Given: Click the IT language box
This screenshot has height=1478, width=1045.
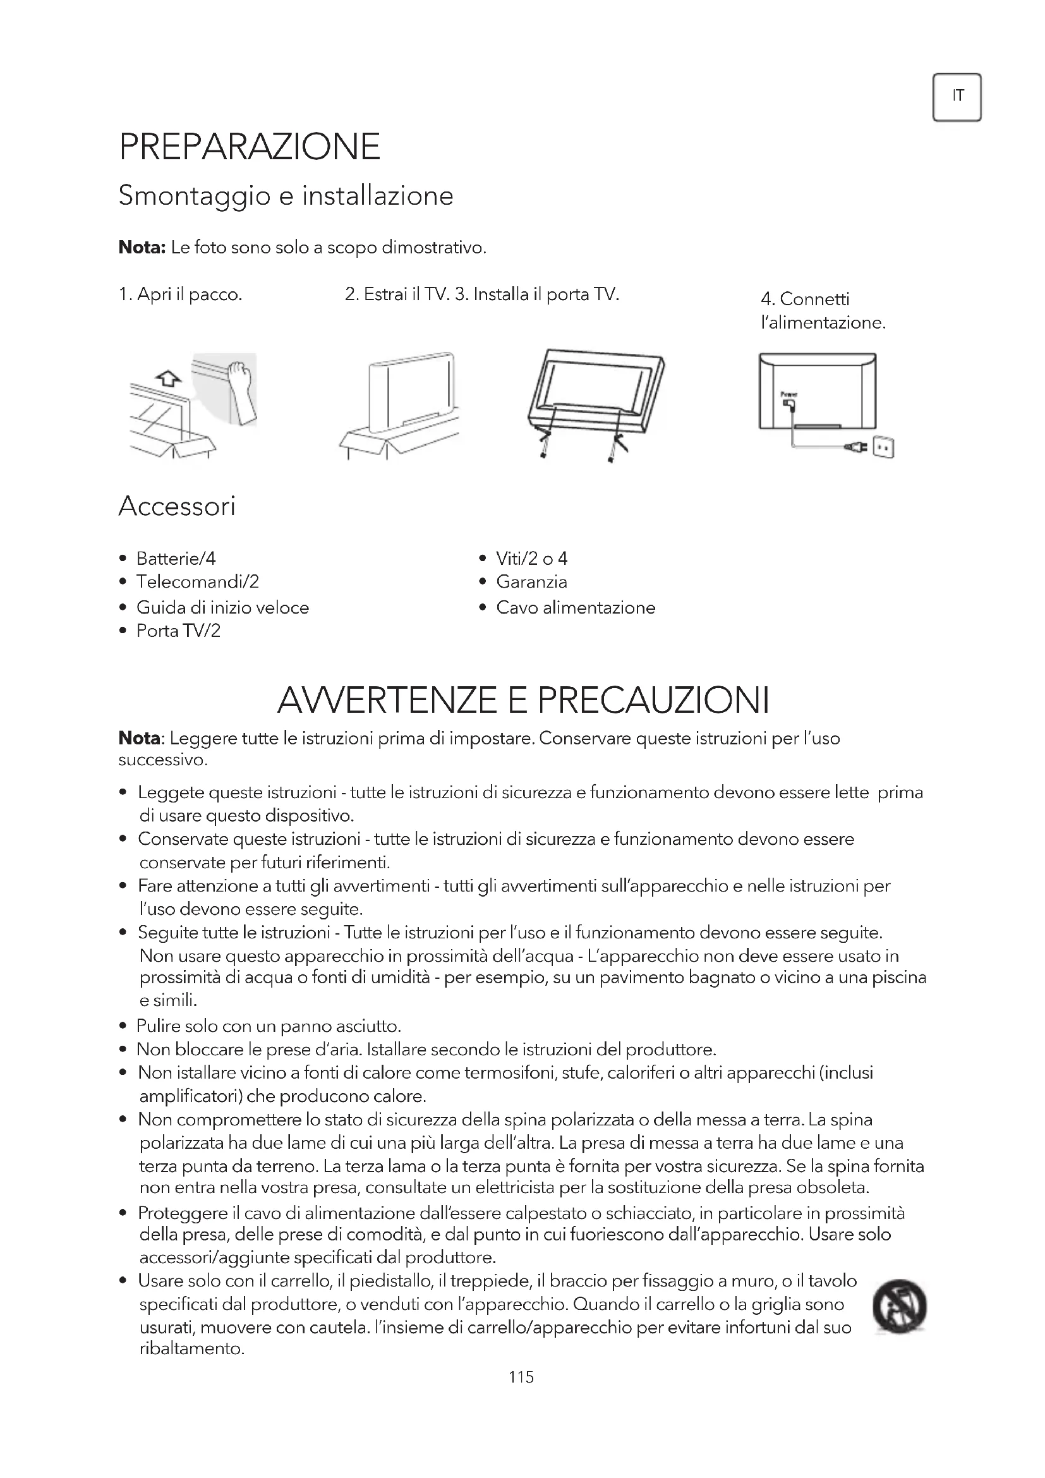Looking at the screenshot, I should pos(956,97).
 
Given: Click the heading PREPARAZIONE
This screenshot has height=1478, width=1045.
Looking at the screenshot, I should pos(250,147).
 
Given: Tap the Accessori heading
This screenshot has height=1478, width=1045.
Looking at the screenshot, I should pos(177,507).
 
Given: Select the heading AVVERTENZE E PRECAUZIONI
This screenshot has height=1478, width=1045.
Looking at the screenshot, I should pos(523,700).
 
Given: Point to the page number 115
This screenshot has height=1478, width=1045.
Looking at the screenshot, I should pos(521,1377).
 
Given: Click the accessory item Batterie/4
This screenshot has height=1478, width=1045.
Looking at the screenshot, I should pos(176,558).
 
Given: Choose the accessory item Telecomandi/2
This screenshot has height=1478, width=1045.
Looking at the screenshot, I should pos(197,582).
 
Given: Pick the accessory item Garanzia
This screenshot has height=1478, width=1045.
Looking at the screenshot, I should pos(531,582).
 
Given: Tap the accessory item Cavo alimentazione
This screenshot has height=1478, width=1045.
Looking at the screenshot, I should pos(576,608).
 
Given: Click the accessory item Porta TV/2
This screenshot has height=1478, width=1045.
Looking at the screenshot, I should pos(178,631).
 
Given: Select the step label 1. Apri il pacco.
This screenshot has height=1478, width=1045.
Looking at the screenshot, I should pos(180,295).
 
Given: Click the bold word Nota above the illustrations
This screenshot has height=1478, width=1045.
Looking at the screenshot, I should pos(142,247).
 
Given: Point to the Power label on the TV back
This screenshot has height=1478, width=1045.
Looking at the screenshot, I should pos(788,394).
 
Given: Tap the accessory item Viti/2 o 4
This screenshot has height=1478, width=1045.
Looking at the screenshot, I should pos(531,558).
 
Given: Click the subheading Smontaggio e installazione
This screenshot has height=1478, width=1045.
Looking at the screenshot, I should pos(286,196).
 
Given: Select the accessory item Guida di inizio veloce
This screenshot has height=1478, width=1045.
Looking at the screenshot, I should pos(222,608).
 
